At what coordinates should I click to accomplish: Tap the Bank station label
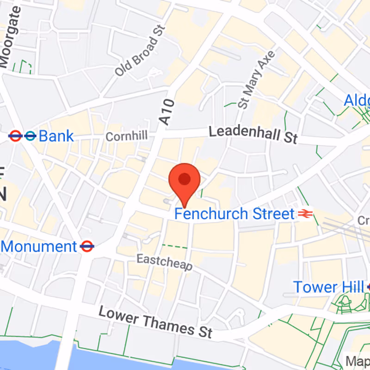[56, 136]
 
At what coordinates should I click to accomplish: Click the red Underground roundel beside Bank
[15, 136]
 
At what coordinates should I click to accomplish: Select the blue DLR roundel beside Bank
[31, 136]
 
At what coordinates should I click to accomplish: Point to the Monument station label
[39, 246]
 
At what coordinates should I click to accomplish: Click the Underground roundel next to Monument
[86, 246]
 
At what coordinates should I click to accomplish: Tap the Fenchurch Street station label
[234, 214]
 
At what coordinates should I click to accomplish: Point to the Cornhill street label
[126, 136]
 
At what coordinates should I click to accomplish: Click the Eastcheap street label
[164, 262]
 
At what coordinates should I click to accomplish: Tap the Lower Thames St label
[155, 322]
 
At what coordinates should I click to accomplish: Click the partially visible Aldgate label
[357, 100]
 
